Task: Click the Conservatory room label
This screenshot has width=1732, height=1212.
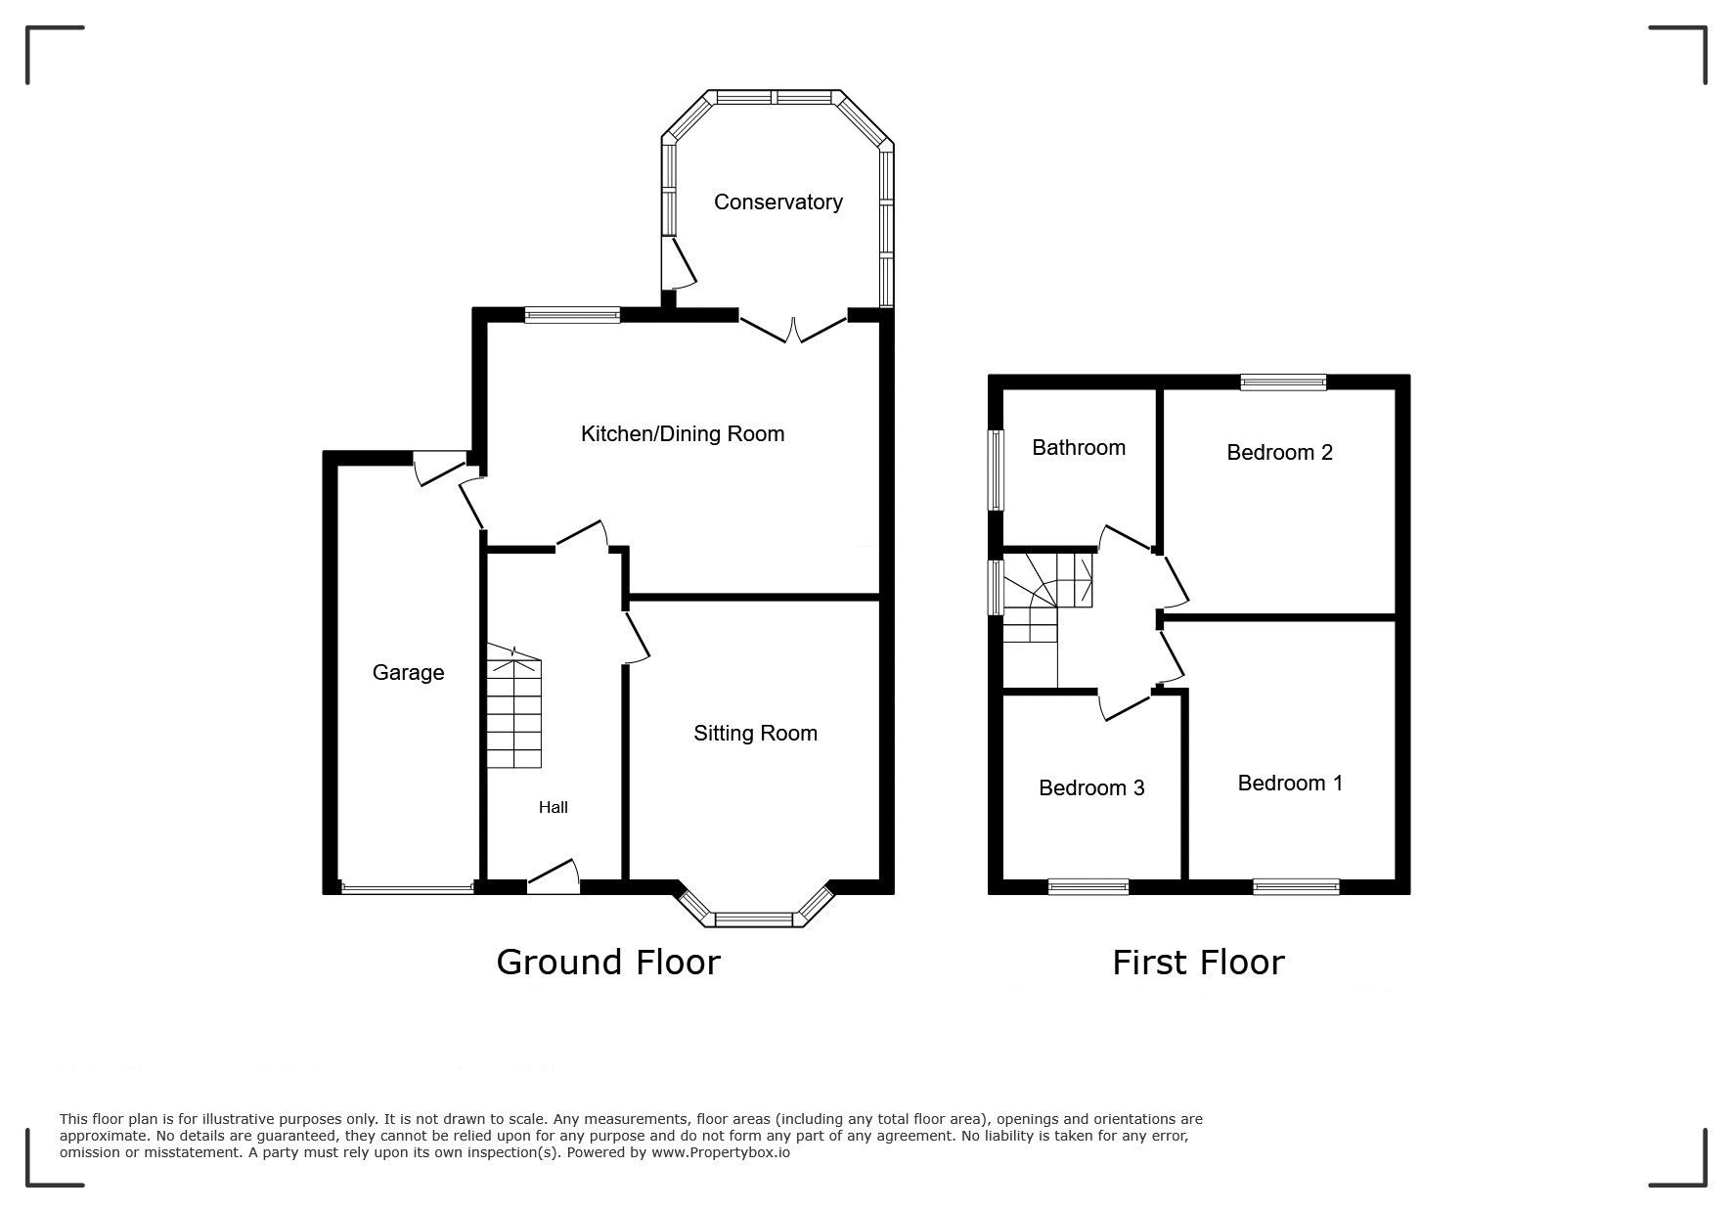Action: click(x=777, y=202)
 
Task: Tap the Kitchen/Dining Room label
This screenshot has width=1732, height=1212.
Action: click(x=683, y=433)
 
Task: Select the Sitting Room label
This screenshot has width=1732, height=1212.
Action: click(x=755, y=733)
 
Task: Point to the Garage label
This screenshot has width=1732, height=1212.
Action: click(x=408, y=672)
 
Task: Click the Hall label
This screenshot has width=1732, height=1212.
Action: click(x=553, y=807)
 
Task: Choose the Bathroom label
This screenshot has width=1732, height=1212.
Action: click(x=1079, y=447)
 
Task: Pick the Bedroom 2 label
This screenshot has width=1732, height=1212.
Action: click(x=1279, y=452)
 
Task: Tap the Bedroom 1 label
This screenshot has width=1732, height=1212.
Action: click(x=1290, y=783)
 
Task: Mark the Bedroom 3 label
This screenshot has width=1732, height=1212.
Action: click(x=1091, y=787)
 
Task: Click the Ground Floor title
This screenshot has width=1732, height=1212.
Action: click(x=608, y=963)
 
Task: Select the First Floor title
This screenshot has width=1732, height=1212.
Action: click(x=1198, y=963)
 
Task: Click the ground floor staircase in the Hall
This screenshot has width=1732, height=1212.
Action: click(x=513, y=706)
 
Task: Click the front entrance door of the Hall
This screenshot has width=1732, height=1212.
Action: click(x=554, y=876)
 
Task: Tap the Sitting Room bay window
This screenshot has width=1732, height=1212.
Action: click(x=754, y=907)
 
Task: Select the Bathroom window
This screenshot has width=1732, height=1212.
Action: click(x=996, y=470)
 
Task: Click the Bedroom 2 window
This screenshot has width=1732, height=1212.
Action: click(x=1283, y=382)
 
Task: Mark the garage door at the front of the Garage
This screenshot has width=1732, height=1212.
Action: click(x=407, y=888)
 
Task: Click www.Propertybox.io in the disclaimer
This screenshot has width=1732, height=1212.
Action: click(x=721, y=1152)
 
